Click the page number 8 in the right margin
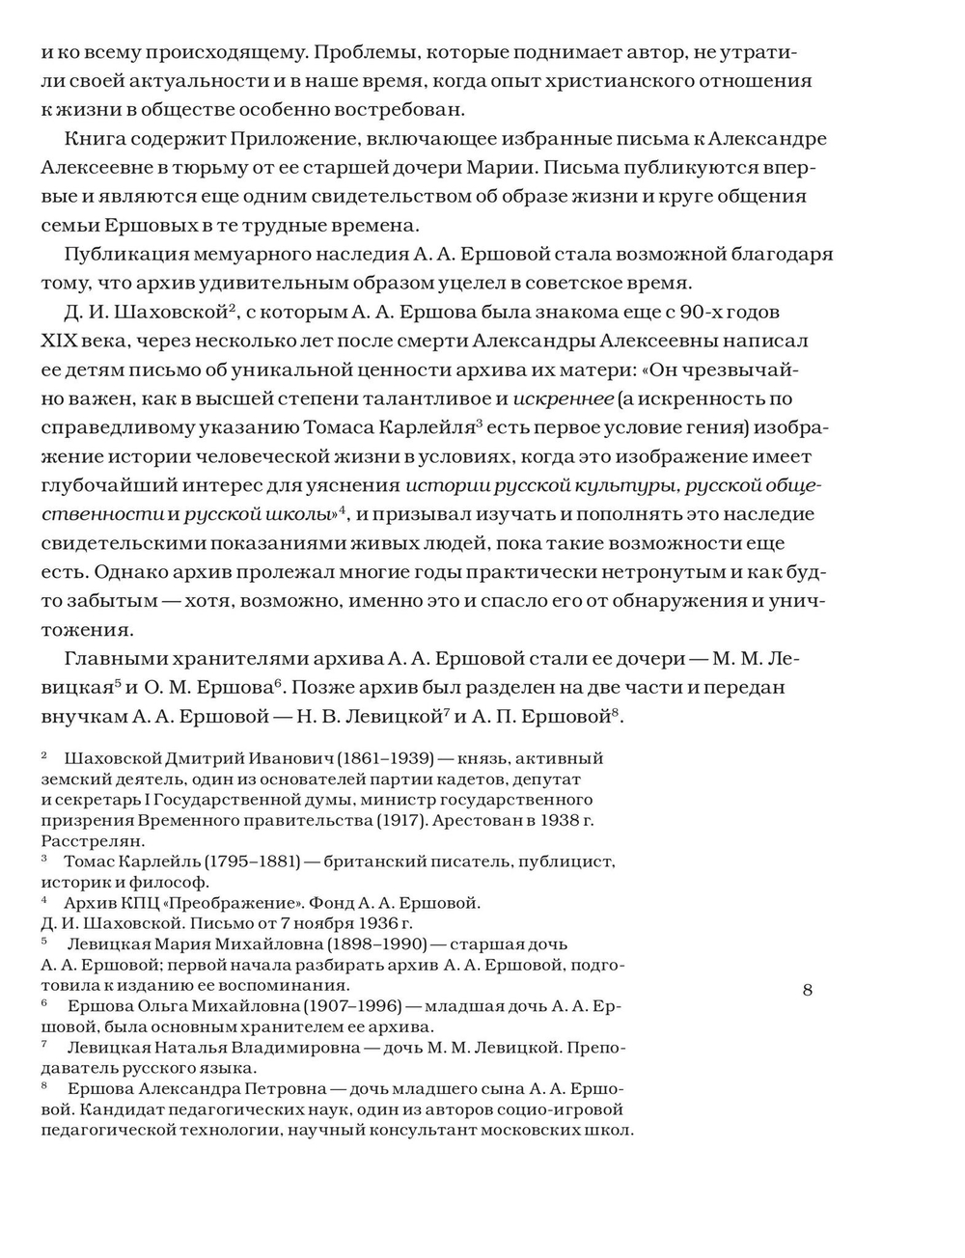[808, 989]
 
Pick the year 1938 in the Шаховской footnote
[549, 820]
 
